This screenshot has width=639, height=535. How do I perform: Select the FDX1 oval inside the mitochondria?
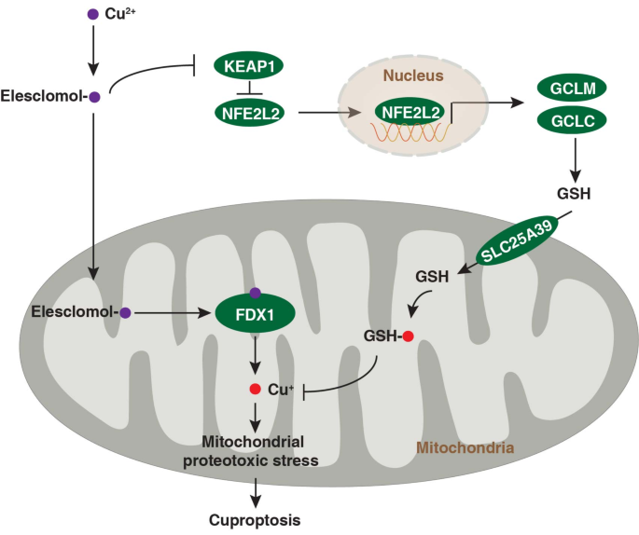[255, 313]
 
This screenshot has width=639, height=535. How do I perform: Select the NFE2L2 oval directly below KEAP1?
[249, 114]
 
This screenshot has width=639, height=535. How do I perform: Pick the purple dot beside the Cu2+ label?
[91, 14]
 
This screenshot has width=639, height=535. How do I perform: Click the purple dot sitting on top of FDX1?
[255, 293]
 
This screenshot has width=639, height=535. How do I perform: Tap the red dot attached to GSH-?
[408, 336]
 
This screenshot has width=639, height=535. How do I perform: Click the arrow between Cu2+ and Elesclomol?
[91, 51]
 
